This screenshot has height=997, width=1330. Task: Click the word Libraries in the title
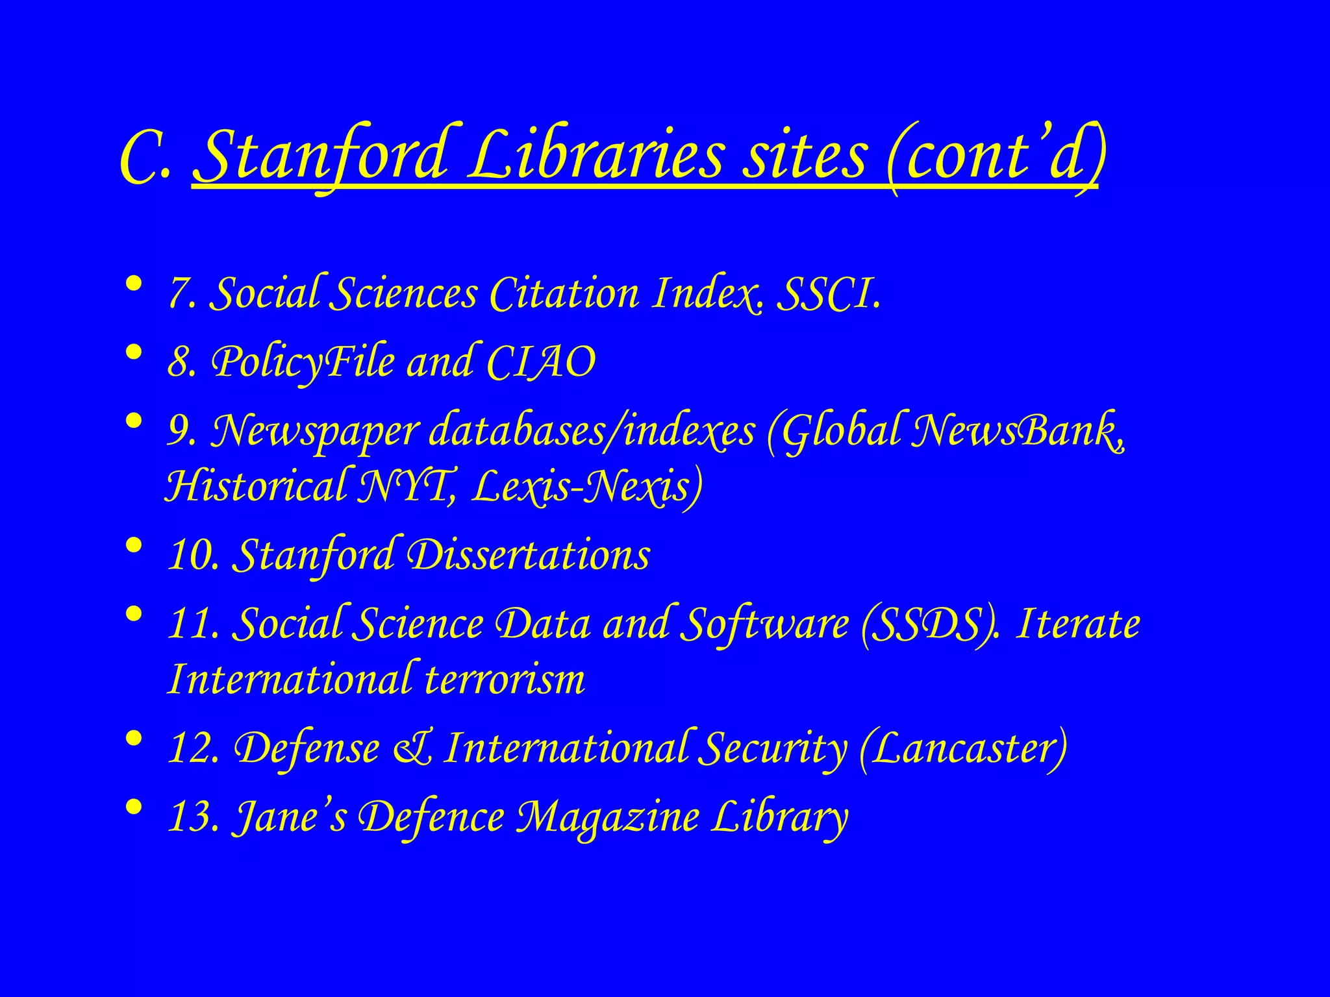coord(596,156)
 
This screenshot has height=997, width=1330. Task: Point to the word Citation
coord(564,294)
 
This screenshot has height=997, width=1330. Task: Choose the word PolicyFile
coord(303,362)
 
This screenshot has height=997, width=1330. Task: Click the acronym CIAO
coord(540,362)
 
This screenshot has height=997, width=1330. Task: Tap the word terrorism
coord(505,680)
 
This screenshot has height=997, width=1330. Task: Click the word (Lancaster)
coord(962,748)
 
